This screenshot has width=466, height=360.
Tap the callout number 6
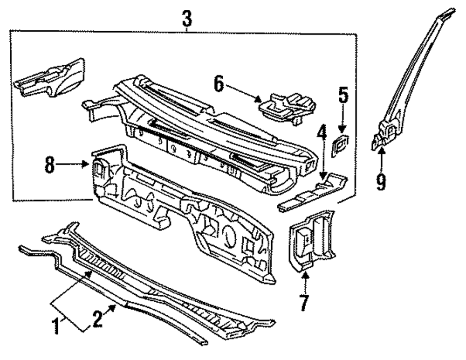[x=219, y=85]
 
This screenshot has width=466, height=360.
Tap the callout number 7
[x=304, y=303]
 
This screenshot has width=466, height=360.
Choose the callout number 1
[x=56, y=326]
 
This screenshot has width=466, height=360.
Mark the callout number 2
[x=97, y=320]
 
